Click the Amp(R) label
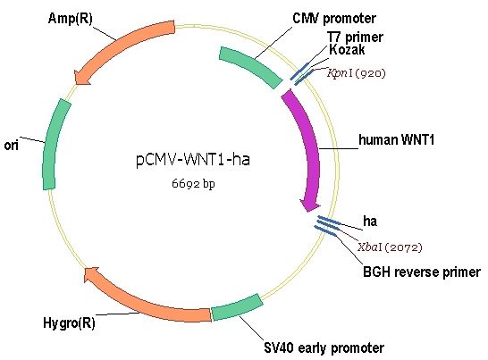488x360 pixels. click(71, 19)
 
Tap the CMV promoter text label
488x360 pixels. click(334, 19)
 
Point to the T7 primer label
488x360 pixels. click(355, 37)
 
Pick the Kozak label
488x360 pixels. click(347, 49)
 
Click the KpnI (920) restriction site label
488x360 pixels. click(357, 73)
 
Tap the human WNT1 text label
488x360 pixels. click(396, 139)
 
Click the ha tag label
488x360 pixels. click(370, 221)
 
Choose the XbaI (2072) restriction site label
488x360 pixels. click(390, 247)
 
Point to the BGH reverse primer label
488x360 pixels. click(422, 272)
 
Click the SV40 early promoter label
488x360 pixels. click(324, 347)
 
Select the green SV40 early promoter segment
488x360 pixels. click(237, 308)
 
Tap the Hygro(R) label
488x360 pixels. click(69, 323)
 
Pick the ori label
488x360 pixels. click(12, 146)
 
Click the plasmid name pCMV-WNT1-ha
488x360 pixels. click(193, 159)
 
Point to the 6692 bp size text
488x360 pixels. click(193, 184)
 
